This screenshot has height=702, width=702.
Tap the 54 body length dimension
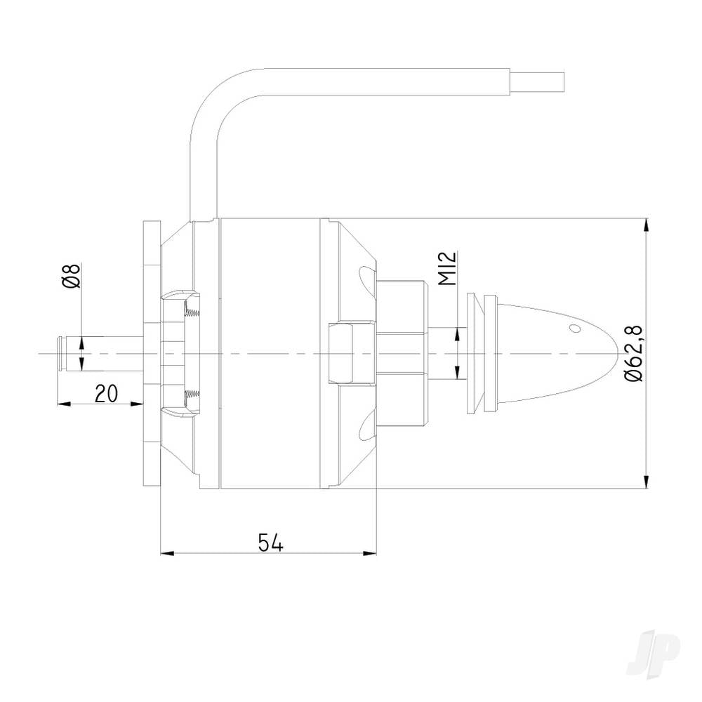point(270,543)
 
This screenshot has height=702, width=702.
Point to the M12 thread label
point(450,269)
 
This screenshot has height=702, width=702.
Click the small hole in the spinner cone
point(575,328)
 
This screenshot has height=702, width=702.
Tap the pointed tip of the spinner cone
point(615,353)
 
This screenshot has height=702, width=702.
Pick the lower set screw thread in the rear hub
point(190,399)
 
